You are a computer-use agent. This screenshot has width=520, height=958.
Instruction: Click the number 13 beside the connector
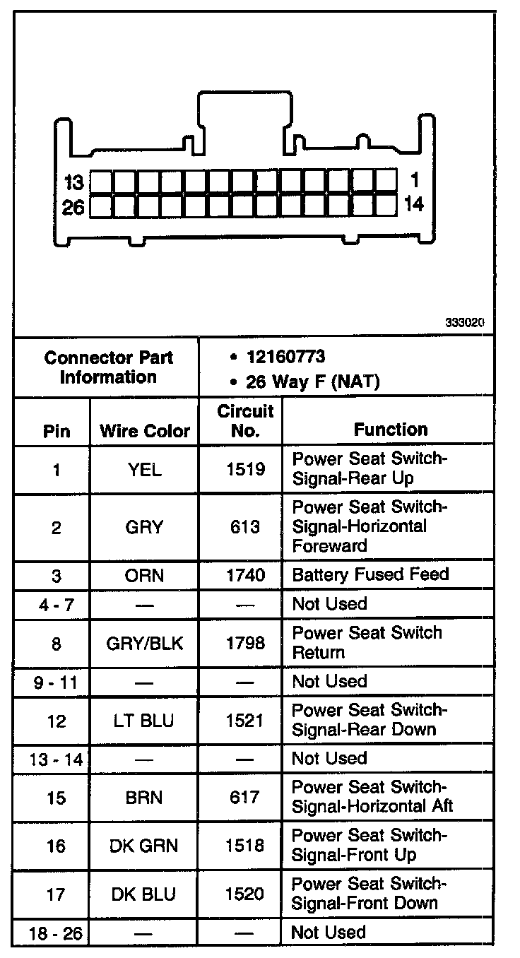[x=74, y=183]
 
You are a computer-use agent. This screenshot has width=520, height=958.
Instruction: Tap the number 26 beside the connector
[x=73, y=206]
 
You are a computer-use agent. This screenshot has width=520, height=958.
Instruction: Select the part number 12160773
[x=285, y=357]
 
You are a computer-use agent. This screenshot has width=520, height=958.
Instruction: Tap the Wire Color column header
[x=145, y=430]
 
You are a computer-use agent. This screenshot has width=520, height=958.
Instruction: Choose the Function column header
[x=391, y=430]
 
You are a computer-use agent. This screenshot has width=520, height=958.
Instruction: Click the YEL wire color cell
[x=145, y=469]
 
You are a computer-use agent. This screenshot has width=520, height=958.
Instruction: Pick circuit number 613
[x=244, y=527]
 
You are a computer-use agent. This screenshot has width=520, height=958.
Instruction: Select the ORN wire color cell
[x=145, y=575]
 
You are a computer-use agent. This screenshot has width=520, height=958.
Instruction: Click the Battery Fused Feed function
[x=370, y=574]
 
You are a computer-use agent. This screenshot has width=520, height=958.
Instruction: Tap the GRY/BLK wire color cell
[x=145, y=643]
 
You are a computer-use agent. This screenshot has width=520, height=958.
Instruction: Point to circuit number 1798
[x=245, y=643]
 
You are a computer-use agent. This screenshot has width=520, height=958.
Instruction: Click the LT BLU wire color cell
[x=145, y=721]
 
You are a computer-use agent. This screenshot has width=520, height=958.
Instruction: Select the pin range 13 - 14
[x=57, y=759]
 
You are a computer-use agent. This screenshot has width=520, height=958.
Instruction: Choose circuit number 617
[x=244, y=798]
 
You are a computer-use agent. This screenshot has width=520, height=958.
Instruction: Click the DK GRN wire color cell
[x=145, y=845]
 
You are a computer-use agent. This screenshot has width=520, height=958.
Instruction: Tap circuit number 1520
[x=245, y=894]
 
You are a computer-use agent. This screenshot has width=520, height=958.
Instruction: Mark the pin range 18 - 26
[x=57, y=933]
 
